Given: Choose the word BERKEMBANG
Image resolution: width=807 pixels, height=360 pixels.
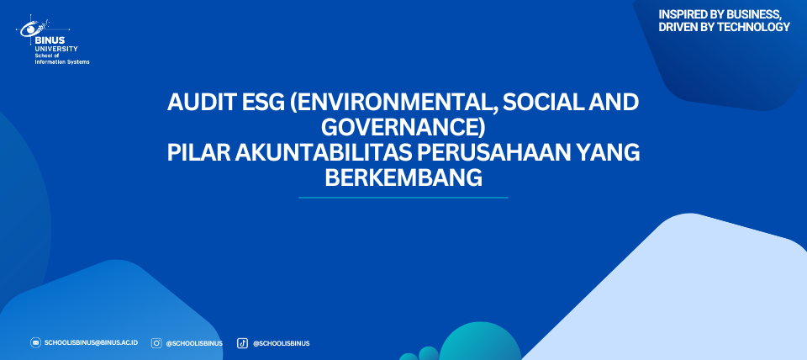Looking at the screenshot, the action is (x=403, y=178).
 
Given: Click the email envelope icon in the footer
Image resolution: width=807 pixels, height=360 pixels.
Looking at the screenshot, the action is (x=35, y=343).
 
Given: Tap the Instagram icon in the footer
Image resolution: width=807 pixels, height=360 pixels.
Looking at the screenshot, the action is (x=156, y=343).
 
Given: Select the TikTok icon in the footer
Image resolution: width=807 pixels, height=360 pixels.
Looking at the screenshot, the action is (x=242, y=343).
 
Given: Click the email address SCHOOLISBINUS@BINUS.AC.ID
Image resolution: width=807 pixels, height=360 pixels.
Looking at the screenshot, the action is (x=91, y=343).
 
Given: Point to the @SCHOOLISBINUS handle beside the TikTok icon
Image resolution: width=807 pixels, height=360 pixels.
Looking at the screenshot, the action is (x=281, y=343).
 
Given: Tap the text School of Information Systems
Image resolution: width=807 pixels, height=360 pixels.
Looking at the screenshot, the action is (x=61, y=59).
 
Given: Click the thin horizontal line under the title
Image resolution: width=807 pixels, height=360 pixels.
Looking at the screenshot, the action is (x=403, y=198).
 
